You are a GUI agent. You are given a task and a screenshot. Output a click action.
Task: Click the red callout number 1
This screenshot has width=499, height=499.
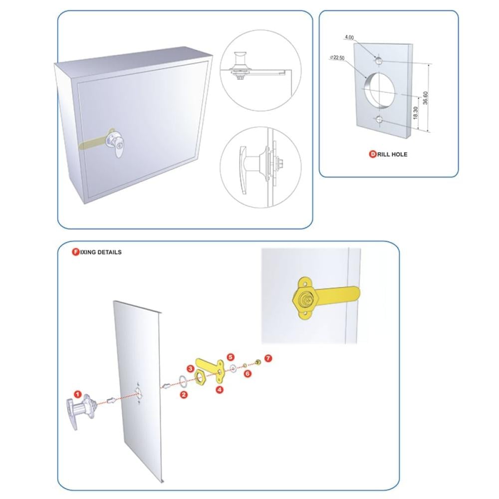(x=77, y=394)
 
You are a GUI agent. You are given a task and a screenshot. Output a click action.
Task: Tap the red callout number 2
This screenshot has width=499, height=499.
(x=184, y=395)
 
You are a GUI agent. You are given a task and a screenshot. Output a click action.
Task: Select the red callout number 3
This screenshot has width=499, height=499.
(x=191, y=368)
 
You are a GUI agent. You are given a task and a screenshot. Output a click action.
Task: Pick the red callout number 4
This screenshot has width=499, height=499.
(x=220, y=390)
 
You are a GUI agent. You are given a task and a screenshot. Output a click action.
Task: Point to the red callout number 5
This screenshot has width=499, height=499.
(x=231, y=357)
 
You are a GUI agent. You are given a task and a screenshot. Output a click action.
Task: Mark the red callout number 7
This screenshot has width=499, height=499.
(x=268, y=358)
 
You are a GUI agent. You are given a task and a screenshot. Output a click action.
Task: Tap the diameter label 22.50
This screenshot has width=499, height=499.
(x=338, y=58)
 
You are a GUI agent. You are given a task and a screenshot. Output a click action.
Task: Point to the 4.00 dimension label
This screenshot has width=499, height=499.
(x=349, y=37)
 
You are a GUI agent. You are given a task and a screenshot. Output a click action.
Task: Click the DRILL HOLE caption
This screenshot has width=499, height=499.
(x=388, y=154)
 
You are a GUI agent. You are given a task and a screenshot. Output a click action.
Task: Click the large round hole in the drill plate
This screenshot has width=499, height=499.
(x=382, y=90)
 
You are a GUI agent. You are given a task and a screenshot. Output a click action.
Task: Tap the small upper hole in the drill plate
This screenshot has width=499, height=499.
(x=379, y=60)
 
